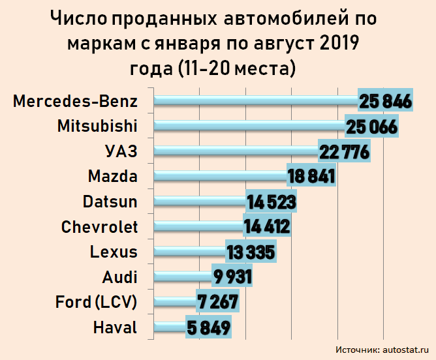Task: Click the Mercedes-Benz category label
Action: point(76,102)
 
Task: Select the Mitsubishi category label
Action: point(97,127)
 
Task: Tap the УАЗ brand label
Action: point(121,152)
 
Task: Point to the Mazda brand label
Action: point(112,177)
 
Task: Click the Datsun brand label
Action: point(110,202)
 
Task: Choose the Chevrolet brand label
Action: point(99,227)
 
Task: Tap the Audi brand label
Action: point(120,277)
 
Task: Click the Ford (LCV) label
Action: point(97,303)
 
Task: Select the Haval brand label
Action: point(116,327)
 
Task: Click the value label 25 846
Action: point(384,102)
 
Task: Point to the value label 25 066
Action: point(371,127)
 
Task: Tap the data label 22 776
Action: point(344,152)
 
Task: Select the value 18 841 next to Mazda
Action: point(311,177)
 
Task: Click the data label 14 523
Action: point(271,202)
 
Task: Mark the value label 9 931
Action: point(232,277)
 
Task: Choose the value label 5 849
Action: point(208,327)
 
